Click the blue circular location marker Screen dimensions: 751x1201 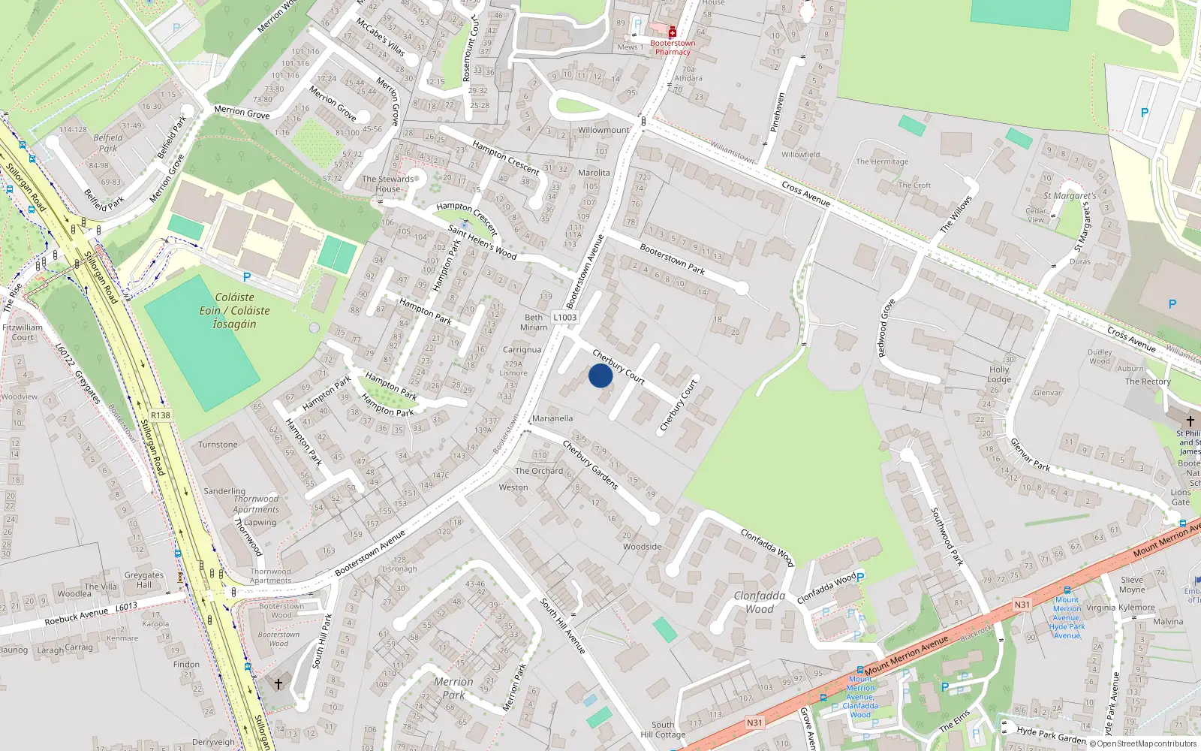click(600, 375)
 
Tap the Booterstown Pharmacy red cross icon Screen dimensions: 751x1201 click(673, 32)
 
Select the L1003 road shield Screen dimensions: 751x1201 click(564, 318)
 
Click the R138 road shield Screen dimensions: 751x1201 click(161, 415)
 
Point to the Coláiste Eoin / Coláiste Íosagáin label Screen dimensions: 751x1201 click(234, 311)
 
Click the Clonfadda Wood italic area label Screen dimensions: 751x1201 click(760, 602)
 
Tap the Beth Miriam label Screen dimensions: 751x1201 click(534, 322)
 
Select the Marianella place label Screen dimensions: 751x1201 click(552, 418)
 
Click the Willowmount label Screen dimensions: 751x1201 click(604, 130)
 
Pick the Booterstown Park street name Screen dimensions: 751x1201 click(672, 258)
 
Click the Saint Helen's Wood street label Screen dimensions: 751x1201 click(482, 242)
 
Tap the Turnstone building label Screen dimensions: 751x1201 click(218, 445)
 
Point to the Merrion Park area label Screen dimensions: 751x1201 click(453, 688)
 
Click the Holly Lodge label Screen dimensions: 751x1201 click(999, 375)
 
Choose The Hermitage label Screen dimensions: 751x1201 click(882, 161)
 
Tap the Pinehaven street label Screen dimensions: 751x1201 click(778, 113)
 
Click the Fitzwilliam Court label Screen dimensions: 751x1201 click(23, 333)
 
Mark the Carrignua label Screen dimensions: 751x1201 click(522, 350)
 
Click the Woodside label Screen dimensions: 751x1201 click(642, 547)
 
